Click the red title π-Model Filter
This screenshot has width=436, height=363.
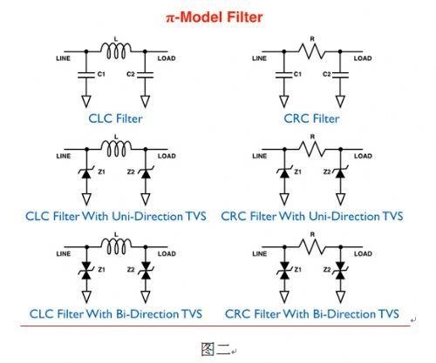tap(215, 17)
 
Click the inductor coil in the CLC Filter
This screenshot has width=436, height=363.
tap(116, 51)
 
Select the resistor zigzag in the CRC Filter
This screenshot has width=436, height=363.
tap(312, 51)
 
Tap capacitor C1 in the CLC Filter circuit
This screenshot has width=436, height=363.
tap(86, 75)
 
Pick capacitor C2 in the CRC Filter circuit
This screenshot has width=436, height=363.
tap(340, 75)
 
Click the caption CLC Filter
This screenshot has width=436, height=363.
tap(115, 118)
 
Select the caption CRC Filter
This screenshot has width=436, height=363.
tap(311, 118)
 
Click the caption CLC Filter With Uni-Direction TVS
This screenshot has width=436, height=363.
tap(116, 217)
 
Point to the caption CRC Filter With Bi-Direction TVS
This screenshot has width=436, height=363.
tap(312, 314)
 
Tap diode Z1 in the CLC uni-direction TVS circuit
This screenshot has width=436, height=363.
tap(86, 173)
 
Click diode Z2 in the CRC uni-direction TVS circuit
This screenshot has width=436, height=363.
tap(340, 173)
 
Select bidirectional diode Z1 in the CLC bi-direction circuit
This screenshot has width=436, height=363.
tap(86, 271)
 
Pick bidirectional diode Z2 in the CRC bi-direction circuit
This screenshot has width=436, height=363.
tap(340, 271)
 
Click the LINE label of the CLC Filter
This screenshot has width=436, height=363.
tap(63, 58)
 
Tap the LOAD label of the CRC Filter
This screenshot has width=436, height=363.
tap(363, 58)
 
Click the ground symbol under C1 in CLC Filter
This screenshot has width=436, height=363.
tap(86, 101)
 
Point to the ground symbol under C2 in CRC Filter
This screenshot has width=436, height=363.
tap(340, 101)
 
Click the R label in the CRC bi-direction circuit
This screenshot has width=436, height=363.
tap(312, 234)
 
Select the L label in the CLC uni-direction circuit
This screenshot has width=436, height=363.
tap(116, 137)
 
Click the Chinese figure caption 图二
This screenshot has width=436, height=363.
tap(215, 349)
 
